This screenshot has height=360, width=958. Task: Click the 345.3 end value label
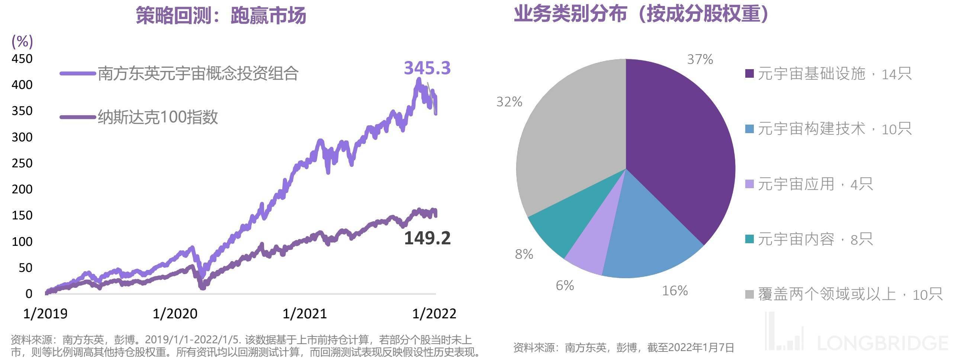click(x=427, y=68)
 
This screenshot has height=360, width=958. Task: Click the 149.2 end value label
click(x=427, y=238)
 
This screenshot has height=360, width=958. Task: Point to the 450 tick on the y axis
click(x=22, y=59)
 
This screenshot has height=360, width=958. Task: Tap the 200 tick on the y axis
click(x=22, y=189)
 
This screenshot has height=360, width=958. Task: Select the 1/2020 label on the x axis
click(x=175, y=314)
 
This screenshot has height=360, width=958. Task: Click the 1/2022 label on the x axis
click(x=434, y=314)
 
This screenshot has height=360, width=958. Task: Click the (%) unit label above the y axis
click(x=22, y=42)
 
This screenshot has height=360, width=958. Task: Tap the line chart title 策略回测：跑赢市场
click(x=221, y=16)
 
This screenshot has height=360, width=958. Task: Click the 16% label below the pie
click(x=675, y=290)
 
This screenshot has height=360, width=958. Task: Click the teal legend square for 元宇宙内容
click(x=749, y=239)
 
